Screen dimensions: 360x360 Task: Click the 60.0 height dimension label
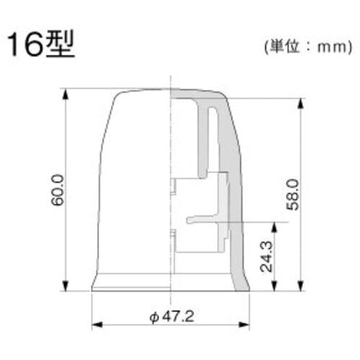(58, 190)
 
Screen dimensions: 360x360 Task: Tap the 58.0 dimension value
(293, 194)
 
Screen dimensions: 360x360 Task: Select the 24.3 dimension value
(266, 256)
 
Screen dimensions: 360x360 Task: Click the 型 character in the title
(60, 45)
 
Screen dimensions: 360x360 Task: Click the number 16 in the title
(26, 45)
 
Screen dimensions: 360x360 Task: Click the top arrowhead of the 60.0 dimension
(66, 94)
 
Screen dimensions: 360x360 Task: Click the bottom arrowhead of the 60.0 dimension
(66, 285)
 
